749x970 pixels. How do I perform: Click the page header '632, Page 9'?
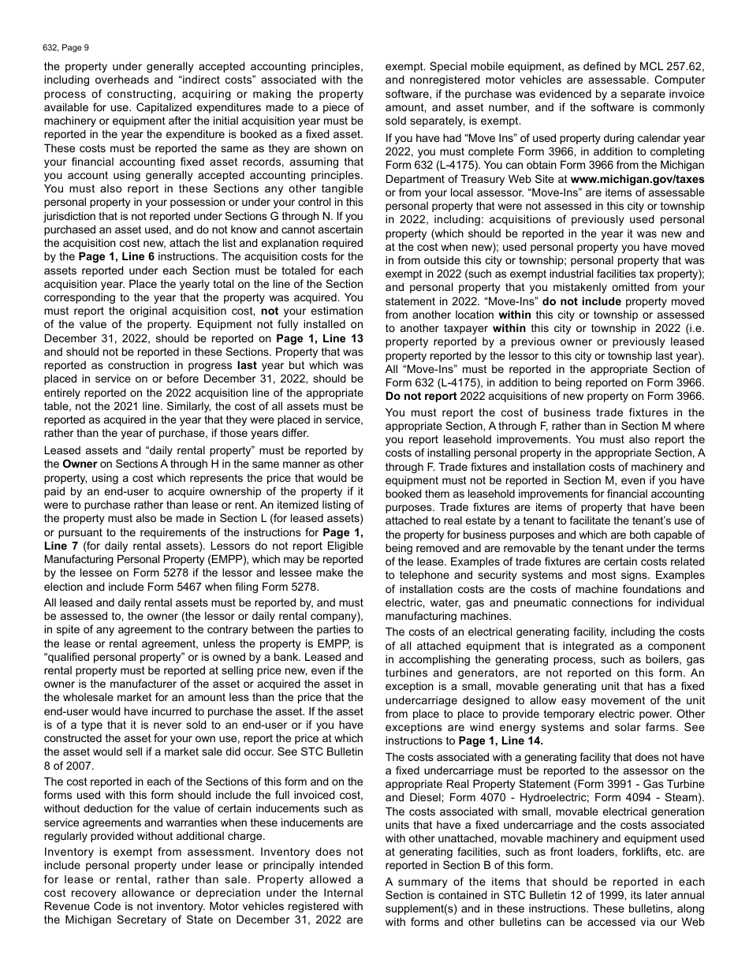tap(66, 47)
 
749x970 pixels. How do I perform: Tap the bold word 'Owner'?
tap(80, 464)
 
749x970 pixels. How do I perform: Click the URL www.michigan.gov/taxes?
tap(643, 179)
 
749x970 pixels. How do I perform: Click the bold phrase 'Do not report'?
tap(420, 396)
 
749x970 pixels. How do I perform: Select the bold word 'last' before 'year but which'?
tap(247, 366)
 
